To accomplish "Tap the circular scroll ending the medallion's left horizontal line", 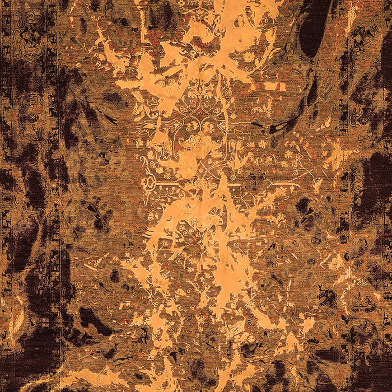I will coord(150,183).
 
